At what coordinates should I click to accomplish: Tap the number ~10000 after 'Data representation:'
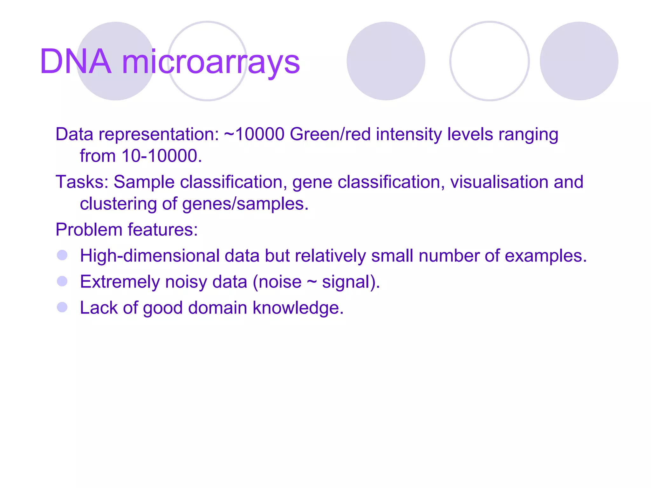254,134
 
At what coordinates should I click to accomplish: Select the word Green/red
330,134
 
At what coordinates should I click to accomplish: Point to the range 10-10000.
161,156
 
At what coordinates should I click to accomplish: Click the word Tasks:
82,182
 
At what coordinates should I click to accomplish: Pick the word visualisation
499,182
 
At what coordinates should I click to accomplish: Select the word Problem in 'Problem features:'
89,230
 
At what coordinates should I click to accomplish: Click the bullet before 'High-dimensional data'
62,255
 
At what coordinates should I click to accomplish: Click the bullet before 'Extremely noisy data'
62,281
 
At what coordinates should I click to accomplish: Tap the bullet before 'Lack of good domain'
62,307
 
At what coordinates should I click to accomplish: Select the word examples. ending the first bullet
545,256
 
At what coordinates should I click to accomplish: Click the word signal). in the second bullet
351,282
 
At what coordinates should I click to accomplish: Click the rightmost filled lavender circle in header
579,61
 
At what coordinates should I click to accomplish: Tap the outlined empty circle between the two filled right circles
489,61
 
